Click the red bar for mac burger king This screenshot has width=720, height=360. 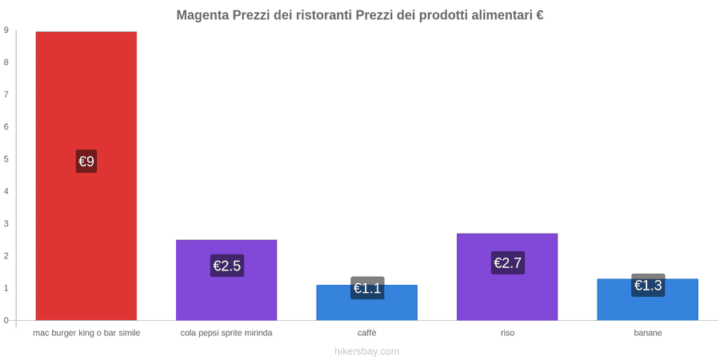click(86, 176)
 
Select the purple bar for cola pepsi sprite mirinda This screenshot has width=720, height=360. click(226, 280)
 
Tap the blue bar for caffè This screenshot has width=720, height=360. click(367, 302)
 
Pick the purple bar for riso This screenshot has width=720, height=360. click(507, 277)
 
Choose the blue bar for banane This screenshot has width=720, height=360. click(648, 299)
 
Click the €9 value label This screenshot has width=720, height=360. click(86, 161)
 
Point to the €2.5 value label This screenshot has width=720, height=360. click(227, 266)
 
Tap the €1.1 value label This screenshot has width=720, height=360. click(367, 288)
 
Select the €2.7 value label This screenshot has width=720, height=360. click(508, 262)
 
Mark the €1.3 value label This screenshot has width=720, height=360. click(648, 285)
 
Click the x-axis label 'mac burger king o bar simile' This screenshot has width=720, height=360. click(86, 334)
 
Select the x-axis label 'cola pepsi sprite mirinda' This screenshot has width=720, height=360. click(226, 334)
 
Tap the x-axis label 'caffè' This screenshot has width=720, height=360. click(367, 334)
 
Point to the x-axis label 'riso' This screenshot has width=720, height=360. click(507, 334)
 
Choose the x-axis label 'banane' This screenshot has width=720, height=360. click(648, 334)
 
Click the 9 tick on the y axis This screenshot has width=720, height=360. click(6, 30)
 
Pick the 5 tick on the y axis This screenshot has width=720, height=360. click(6, 159)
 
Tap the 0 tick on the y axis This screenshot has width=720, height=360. click(6, 321)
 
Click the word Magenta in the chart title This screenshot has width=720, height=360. click(202, 15)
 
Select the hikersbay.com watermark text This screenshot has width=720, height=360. click(367, 352)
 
